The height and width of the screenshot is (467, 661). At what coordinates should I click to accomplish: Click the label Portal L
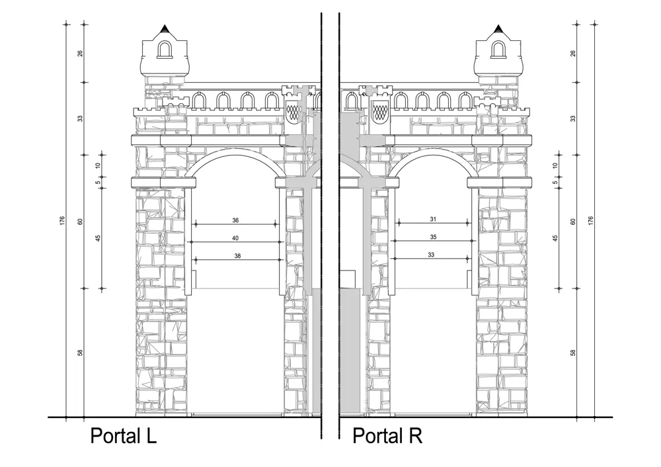point(124,435)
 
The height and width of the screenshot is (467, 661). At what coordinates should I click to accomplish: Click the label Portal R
point(387,435)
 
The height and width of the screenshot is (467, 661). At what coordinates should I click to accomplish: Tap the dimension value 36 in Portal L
point(236,220)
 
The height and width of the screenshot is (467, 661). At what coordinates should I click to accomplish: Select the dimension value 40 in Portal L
point(235,238)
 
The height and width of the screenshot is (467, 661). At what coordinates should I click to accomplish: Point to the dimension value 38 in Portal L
point(237,255)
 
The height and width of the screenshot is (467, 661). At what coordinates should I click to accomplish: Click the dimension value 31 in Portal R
point(434,219)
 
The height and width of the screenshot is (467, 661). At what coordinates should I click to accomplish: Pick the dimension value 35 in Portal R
point(434,237)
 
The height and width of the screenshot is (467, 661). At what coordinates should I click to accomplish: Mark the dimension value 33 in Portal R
point(431,255)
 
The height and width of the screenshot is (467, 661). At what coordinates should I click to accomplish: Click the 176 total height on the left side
point(62,220)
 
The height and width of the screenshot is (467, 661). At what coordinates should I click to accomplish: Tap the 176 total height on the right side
point(590,220)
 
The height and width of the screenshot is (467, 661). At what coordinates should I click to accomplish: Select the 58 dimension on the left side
point(80,353)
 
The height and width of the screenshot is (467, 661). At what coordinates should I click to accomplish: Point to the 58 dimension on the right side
point(572,353)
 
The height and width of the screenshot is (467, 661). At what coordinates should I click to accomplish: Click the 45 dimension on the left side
point(98,238)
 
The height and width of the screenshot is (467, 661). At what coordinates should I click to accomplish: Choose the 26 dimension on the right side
point(572,53)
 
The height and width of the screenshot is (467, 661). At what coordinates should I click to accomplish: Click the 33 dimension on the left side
point(80,118)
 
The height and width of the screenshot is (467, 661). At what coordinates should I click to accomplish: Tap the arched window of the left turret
point(164,50)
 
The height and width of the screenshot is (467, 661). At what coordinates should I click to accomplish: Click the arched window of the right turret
point(498,49)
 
